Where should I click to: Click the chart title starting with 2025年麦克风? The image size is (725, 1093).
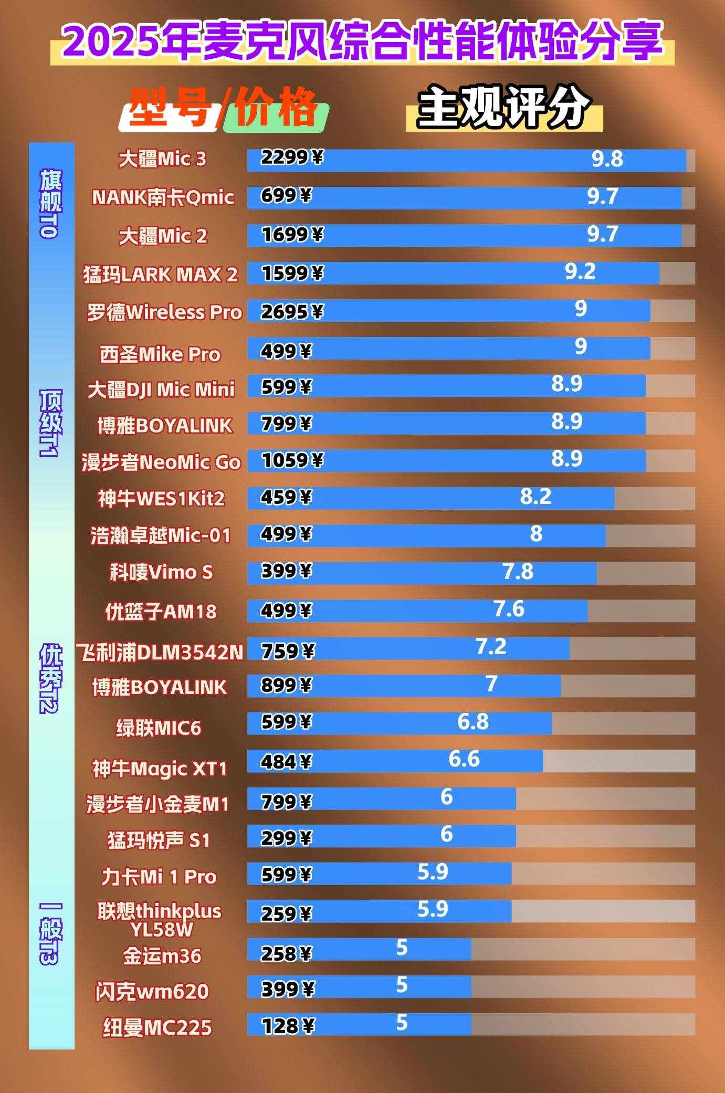click(362, 41)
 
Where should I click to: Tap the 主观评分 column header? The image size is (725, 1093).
click(504, 107)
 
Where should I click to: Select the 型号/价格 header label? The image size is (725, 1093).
click(223, 108)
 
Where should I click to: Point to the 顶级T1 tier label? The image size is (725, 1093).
click(51, 423)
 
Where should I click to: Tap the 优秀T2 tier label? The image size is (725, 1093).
click(51, 678)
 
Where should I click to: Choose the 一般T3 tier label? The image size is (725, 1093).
click(51, 933)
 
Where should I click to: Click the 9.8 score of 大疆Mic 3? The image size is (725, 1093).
click(607, 159)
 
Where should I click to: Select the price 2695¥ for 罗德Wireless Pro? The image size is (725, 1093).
click(292, 312)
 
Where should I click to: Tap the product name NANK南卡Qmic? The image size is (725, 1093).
click(163, 197)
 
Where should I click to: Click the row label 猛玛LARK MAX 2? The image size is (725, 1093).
click(160, 275)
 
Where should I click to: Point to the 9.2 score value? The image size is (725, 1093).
click(580, 271)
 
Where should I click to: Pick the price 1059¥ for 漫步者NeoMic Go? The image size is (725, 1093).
click(292, 460)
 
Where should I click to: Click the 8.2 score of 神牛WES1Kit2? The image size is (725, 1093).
click(535, 496)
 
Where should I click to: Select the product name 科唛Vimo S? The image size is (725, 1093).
click(161, 572)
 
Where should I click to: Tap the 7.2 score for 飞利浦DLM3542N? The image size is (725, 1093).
click(491, 646)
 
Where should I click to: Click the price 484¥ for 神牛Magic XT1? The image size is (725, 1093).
click(286, 761)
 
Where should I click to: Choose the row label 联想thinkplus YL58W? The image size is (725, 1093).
click(160, 920)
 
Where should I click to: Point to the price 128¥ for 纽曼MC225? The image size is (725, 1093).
click(288, 1025)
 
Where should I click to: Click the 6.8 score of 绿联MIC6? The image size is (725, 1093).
click(473, 722)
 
